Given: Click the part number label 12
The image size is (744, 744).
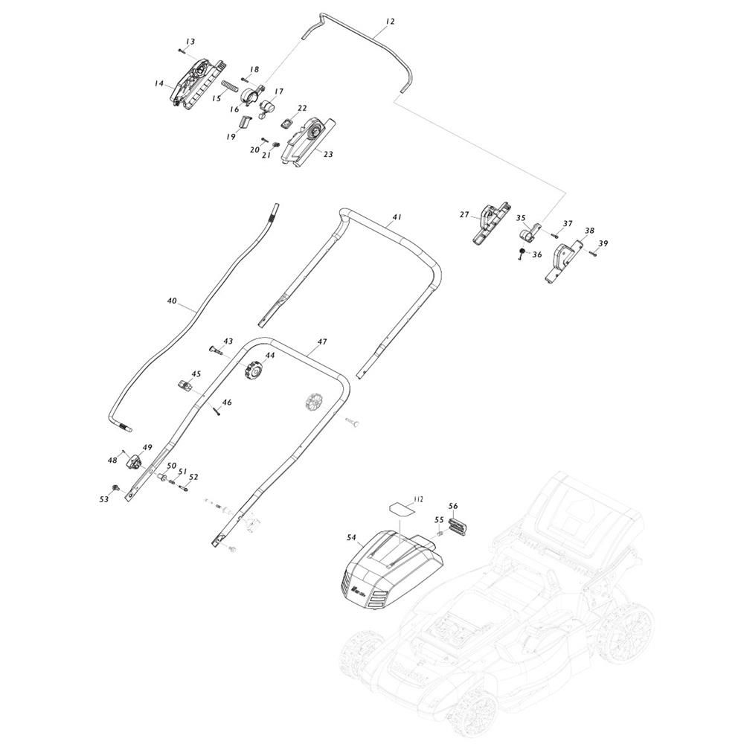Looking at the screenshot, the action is tap(390, 22).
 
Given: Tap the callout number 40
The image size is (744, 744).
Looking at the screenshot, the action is tap(172, 301).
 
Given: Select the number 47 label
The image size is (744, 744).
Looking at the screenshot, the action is tap(322, 341).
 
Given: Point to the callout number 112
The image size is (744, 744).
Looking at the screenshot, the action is tap(418, 499).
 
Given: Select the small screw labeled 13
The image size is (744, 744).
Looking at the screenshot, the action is tap(182, 50).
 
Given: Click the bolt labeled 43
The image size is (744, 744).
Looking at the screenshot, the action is tap(215, 350).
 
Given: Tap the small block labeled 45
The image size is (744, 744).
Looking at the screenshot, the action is tap(185, 385).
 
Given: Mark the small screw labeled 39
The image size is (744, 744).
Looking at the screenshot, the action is tap(593, 254).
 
